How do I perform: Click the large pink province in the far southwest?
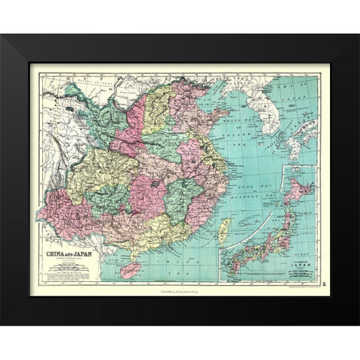coord(67,210)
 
